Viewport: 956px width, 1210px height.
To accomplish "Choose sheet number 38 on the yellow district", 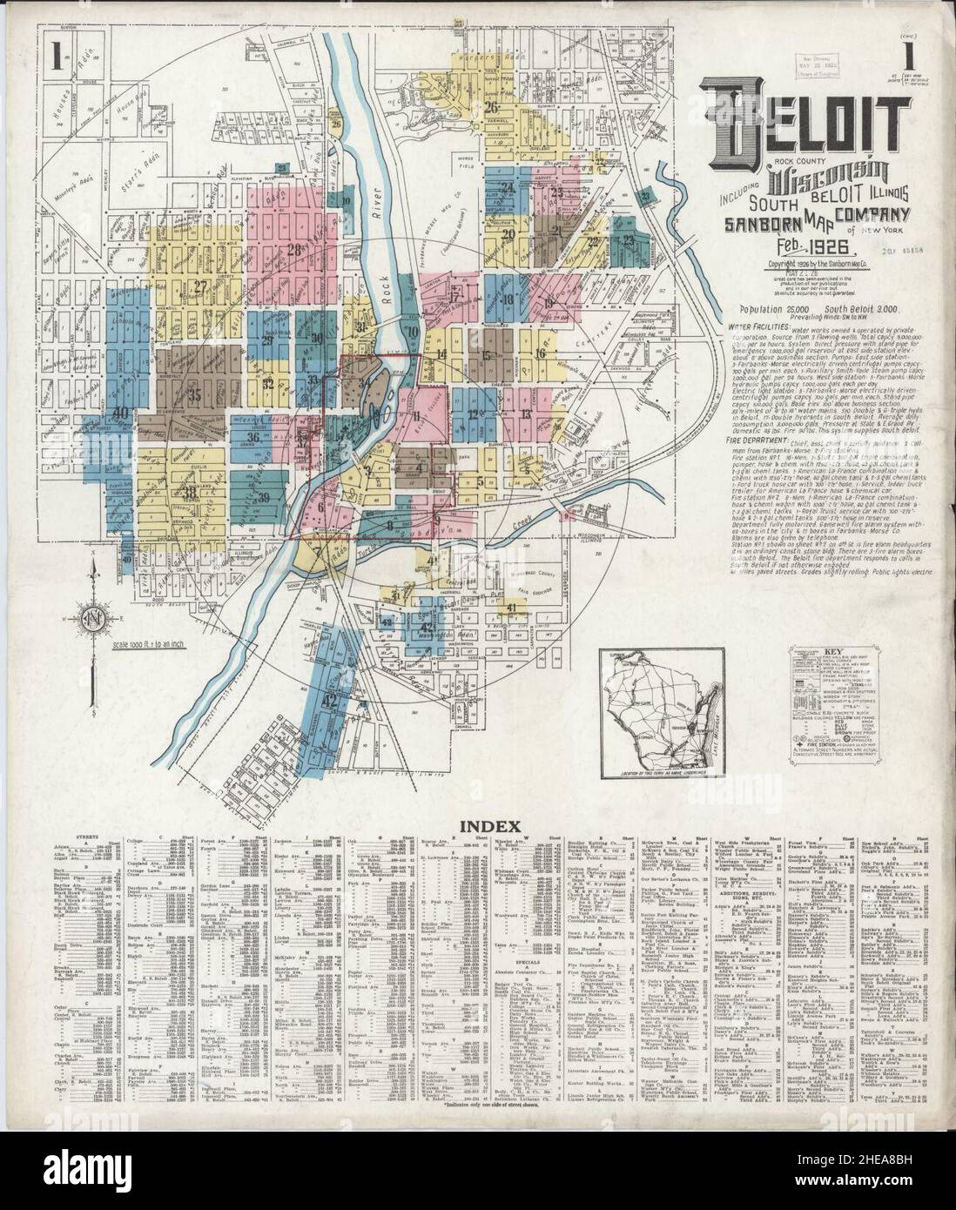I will coord(191,494).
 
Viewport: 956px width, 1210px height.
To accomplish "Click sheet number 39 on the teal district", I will coord(263,497).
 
